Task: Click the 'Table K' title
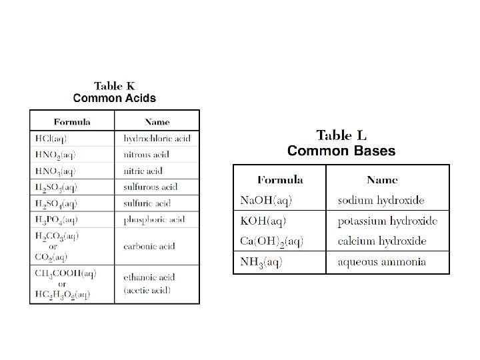(115, 86)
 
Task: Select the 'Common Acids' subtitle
(115, 98)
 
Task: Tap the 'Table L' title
(341, 137)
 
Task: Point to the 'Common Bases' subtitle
(341, 151)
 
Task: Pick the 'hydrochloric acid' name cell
(157, 139)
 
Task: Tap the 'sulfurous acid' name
(150, 187)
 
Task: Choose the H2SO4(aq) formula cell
(56, 203)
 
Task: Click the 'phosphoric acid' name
(154, 219)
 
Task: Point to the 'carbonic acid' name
(149, 246)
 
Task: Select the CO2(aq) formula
(51, 257)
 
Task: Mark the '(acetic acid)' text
(147, 289)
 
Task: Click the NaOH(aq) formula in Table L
(266, 200)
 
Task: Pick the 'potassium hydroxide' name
(387, 221)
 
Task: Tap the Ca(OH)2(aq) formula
(272, 241)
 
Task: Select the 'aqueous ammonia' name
(382, 262)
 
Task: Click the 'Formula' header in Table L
(280, 179)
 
